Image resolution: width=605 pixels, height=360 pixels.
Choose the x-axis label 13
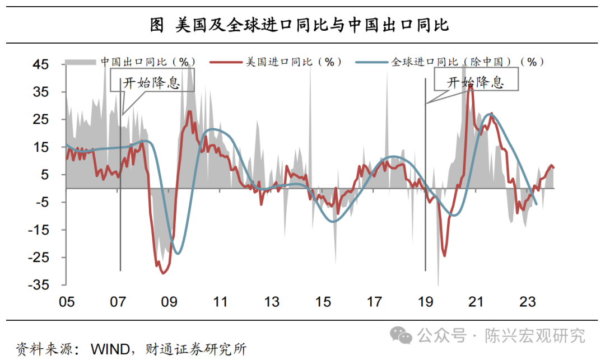tap(272, 302)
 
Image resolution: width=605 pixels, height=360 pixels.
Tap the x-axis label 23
tap(528, 302)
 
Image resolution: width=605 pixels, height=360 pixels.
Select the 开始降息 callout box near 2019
tap(476, 82)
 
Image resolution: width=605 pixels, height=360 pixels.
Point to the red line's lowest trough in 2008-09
tap(163, 273)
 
